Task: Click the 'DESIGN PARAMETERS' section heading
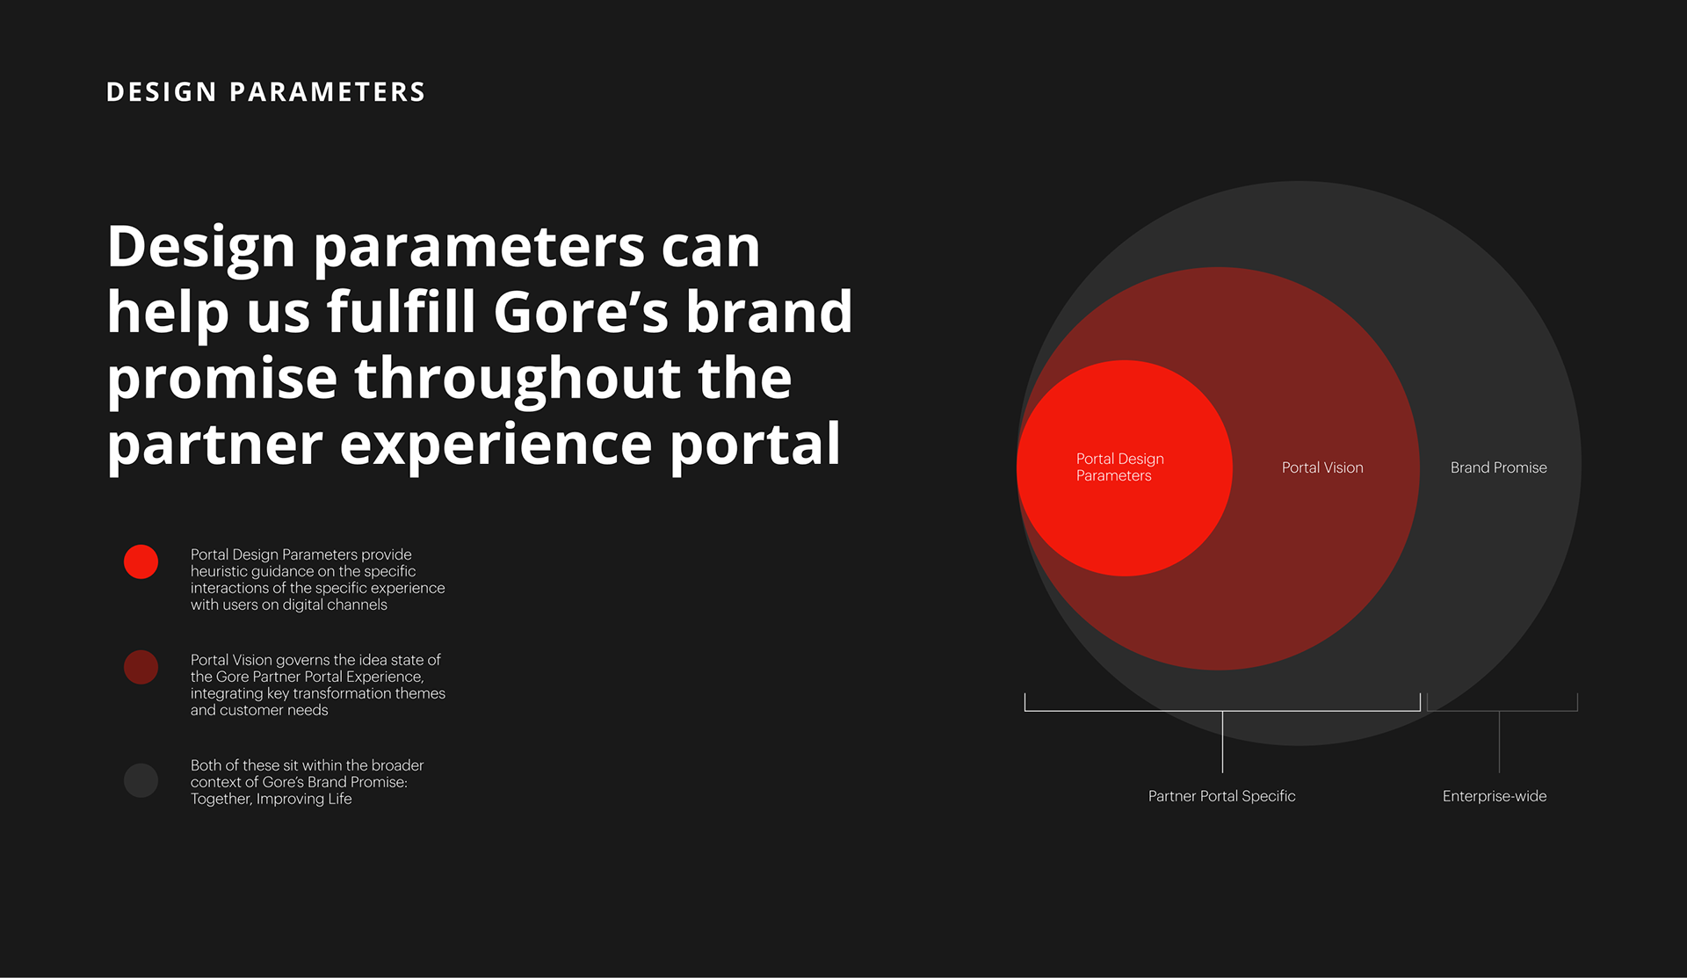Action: click(x=265, y=92)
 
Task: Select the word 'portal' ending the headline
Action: click(x=756, y=446)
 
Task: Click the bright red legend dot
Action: click(x=141, y=561)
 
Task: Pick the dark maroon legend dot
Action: click(x=141, y=667)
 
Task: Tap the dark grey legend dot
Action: click(x=141, y=780)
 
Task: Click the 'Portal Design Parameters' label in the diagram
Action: click(x=1120, y=467)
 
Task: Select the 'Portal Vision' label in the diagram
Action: click(x=1322, y=467)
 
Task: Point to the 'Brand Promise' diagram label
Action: click(x=1499, y=467)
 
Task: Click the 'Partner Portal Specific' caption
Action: click(x=1222, y=796)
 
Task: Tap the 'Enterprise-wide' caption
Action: click(x=1495, y=796)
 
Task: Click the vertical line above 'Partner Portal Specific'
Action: click(x=1222, y=742)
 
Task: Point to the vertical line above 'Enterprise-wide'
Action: click(x=1499, y=742)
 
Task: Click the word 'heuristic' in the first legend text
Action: click(x=220, y=571)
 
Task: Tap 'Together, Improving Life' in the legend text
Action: click(x=272, y=799)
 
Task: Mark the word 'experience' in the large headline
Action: click(x=496, y=446)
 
